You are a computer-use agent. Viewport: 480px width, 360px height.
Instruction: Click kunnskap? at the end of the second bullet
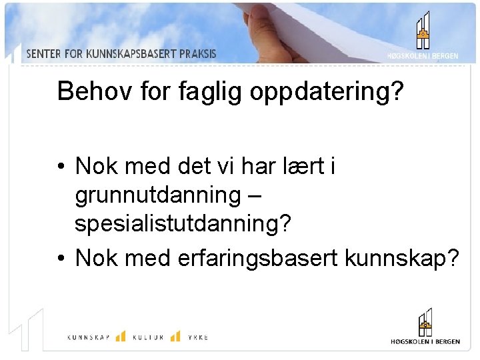[x=402, y=257]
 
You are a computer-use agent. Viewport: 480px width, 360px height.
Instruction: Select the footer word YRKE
[x=197, y=338]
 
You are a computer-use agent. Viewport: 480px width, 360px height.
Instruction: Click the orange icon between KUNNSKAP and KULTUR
[x=121, y=336]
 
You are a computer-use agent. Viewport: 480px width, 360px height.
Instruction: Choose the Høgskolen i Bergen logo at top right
[x=423, y=36]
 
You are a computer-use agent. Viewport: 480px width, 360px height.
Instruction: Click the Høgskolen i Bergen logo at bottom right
[x=425, y=327]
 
